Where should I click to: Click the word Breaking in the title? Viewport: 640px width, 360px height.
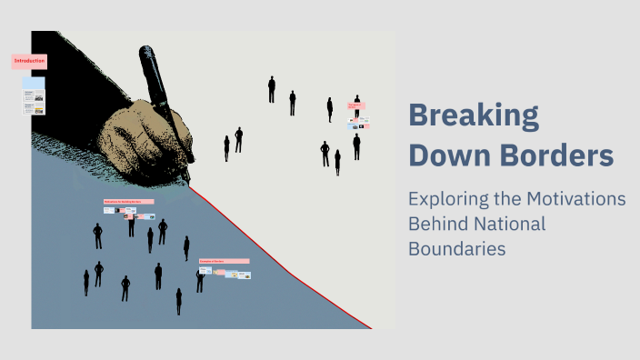(x=474, y=117)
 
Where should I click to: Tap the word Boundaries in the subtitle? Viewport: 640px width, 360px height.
(x=456, y=248)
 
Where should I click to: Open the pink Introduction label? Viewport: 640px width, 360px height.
(x=28, y=62)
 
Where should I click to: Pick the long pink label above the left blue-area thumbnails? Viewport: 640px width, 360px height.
(x=128, y=202)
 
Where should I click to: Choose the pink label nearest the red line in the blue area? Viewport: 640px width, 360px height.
(x=224, y=261)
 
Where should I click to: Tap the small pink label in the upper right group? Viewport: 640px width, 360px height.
(x=356, y=105)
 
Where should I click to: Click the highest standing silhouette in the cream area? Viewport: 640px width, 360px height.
(x=272, y=89)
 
